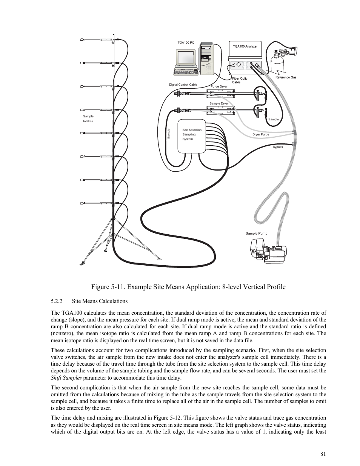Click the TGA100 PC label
[x=186, y=43]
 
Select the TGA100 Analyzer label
[x=245, y=46]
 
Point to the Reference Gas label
[x=286, y=77]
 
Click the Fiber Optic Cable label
[x=239, y=80]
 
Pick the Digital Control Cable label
[x=183, y=85]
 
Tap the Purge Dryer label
[x=219, y=86]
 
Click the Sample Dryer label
[x=219, y=103]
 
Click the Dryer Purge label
[x=260, y=134]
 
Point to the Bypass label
[x=277, y=147]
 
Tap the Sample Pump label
[x=256, y=233]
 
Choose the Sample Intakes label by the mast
[x=88, y=118]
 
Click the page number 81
[x=323, y=454]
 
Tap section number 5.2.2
[x=56, y=301]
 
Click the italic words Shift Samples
[x=66, y=378]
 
